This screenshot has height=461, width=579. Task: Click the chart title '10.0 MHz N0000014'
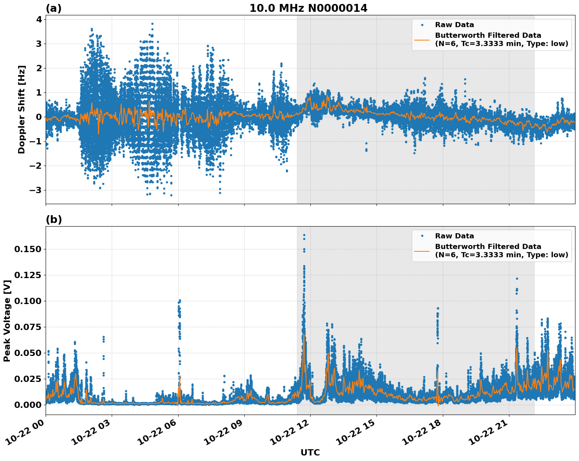(308, 8)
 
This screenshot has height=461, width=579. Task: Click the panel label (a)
(53, 8)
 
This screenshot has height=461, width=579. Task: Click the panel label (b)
(53, 219)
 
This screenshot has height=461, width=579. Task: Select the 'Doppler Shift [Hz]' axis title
(22, 109)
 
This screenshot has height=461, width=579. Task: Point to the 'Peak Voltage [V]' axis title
(7, 321)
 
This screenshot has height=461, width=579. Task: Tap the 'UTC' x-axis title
(310, 452)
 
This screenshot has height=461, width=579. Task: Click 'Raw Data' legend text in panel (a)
(454, 25)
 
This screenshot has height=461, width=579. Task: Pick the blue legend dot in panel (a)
(422, 25)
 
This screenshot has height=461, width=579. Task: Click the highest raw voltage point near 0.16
(304, 235)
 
